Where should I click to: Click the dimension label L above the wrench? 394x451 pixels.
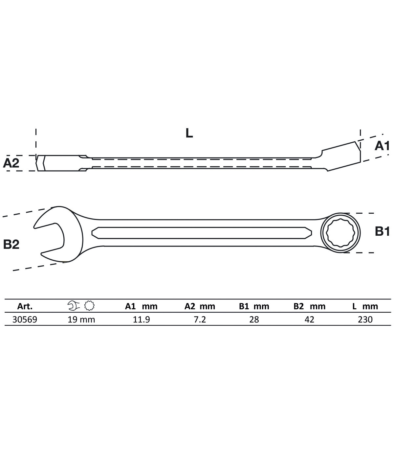click(x=189, y=133)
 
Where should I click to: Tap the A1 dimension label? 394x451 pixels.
click(x=382, y=146)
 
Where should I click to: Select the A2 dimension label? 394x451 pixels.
click(x=11, y=163)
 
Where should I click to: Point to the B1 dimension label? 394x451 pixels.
click(x=382, y=231)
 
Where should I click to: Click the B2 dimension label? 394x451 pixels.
click(x=11, y=245)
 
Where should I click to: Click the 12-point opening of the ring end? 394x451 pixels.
click(x=340, y=233)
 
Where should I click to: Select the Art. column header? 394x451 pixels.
click(x=25, y=306)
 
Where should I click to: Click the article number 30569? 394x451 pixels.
click(x=25, y=320)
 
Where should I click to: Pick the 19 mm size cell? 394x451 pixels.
click(x=81, y=320)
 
